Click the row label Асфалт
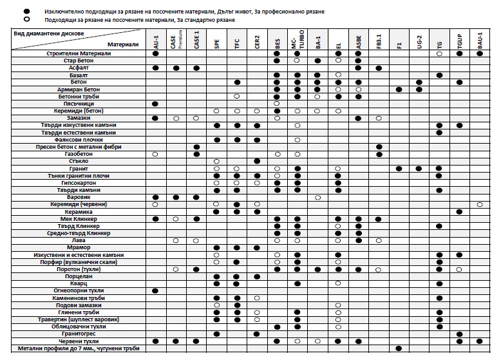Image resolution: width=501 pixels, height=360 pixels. click(79, 68)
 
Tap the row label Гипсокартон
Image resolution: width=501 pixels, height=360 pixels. click(79, 182)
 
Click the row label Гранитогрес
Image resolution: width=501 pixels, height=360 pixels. click(79, 334)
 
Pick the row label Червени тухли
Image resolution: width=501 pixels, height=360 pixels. click(79, 341)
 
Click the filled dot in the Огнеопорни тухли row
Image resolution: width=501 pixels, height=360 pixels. click(155, 290)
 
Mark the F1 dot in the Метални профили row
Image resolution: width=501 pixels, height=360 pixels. click(399, 348)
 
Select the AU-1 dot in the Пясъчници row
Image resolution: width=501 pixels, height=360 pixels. click(155, 104)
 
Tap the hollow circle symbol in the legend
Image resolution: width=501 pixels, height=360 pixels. click(26, 20)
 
